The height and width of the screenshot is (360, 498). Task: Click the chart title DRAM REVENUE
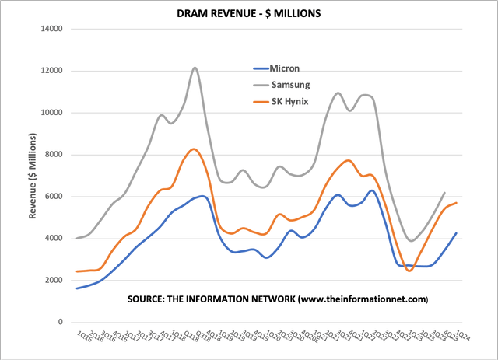[x=248, y=12]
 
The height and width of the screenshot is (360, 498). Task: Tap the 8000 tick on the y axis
[x=54, y=155]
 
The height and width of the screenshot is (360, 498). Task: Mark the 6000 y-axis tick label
[x=54, y=197]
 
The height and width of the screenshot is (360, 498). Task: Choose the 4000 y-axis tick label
[x=54, y=238]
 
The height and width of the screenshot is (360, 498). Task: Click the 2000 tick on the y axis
[x=54, y=280]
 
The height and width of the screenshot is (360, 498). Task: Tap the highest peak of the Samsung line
[x=195, y=68]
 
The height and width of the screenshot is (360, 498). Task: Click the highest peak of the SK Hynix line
[x=194, y=149]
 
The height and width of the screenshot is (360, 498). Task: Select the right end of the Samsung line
[x=444, y=192]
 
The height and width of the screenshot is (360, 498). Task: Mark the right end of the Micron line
[x=456, y=232]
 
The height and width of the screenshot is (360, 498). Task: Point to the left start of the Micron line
[x=76, y=288]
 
